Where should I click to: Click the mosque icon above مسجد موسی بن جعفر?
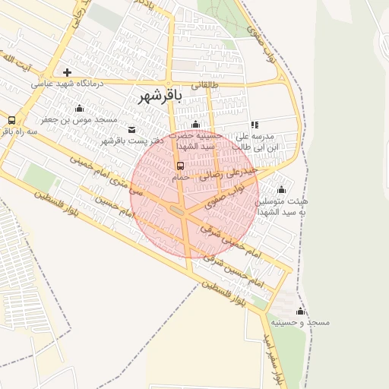(x=80, y=108)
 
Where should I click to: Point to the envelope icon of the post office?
(x=133, y=129)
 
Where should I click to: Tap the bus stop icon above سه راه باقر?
(x=11, y=120)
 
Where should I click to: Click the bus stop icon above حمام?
(x=180, y=166)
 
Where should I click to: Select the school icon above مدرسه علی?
(x=255, y=125)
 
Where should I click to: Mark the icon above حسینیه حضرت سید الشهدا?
(x=196, y=125)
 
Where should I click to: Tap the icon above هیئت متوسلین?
(x=282, y=190)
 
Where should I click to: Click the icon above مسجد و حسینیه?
(x=300, y=312)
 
